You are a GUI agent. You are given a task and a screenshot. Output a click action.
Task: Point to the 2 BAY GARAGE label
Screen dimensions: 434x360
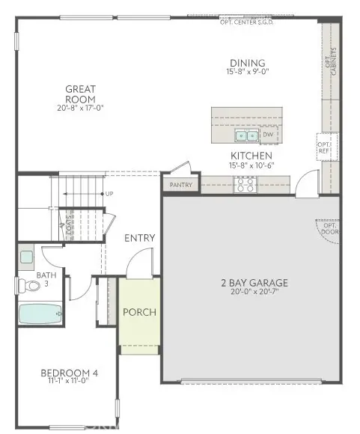point(254,283)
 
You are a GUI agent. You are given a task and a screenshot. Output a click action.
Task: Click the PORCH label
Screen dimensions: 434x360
point(139,311)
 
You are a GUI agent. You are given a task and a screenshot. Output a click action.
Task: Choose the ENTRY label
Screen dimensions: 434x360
point(139,238)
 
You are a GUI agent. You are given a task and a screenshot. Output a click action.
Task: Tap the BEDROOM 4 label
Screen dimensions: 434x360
point(69,373)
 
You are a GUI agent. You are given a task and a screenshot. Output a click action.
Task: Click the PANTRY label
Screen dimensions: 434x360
point(181,185)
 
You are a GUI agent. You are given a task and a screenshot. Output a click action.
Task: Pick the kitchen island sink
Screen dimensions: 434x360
point(246,135)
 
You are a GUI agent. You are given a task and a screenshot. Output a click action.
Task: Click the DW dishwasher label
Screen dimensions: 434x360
point(267,135)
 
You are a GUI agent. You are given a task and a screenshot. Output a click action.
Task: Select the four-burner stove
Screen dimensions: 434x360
point(245,183)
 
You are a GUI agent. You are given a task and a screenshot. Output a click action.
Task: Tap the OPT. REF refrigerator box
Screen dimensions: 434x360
point(323,147)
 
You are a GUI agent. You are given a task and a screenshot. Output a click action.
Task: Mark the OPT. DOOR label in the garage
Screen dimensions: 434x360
point(330,228)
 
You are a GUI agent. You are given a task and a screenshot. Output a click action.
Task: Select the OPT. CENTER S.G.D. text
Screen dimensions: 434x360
point(250,22)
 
